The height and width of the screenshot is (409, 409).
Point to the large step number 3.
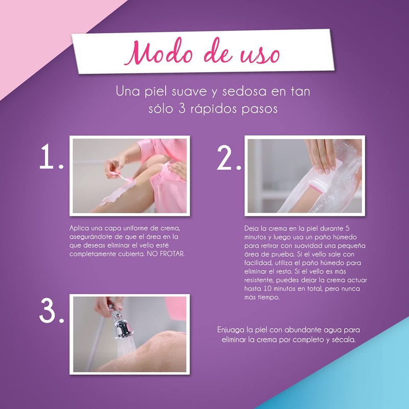click(x=52, y=311)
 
